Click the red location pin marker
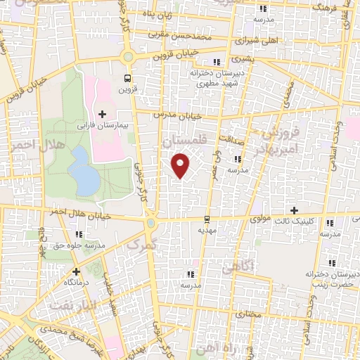pos(181,165)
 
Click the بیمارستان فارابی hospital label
pos(103,126)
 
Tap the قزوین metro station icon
pos(127,78)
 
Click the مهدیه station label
pos(206,230)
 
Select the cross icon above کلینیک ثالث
pos(294,210)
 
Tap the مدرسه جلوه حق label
pos(79,245)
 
